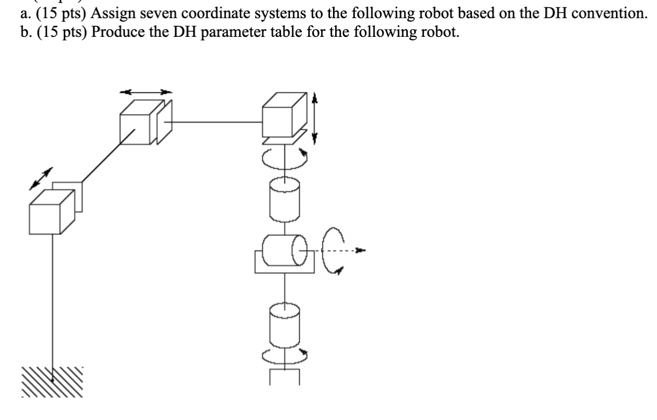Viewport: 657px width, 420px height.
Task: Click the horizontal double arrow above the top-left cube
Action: [146, 92]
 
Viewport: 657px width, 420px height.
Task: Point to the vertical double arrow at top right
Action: [315, 118]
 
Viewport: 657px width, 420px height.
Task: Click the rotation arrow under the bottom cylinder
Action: [286, 356]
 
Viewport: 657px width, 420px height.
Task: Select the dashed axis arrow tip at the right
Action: [359, 250]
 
